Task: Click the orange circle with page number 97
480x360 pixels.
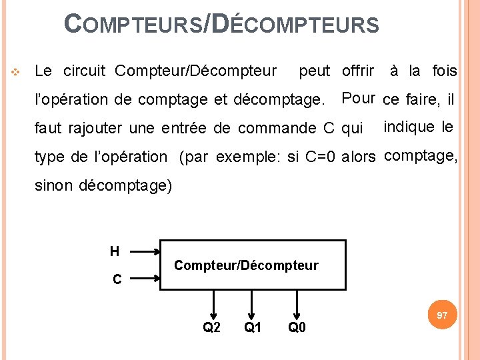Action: click(x=441, y=315)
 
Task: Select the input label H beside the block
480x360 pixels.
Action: click(x=115, y=252)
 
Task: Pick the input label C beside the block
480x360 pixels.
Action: click(x=117, y=280)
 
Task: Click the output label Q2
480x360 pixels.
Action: click(x=211, y=327)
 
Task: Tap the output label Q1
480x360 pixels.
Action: click(x=252, y=327)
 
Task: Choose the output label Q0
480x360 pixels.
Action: click(x=297, y=327)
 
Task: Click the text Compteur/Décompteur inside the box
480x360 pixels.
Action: click(x=246, y=265)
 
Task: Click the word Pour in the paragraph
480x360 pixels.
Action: click(x=358, y=99)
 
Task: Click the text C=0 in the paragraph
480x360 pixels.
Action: click(x=319, y=157)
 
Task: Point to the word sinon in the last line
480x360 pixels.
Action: click(x=54, y=185)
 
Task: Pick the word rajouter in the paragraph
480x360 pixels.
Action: click(x=90, y=128)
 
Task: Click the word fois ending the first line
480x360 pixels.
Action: click(x=444, y=71)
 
